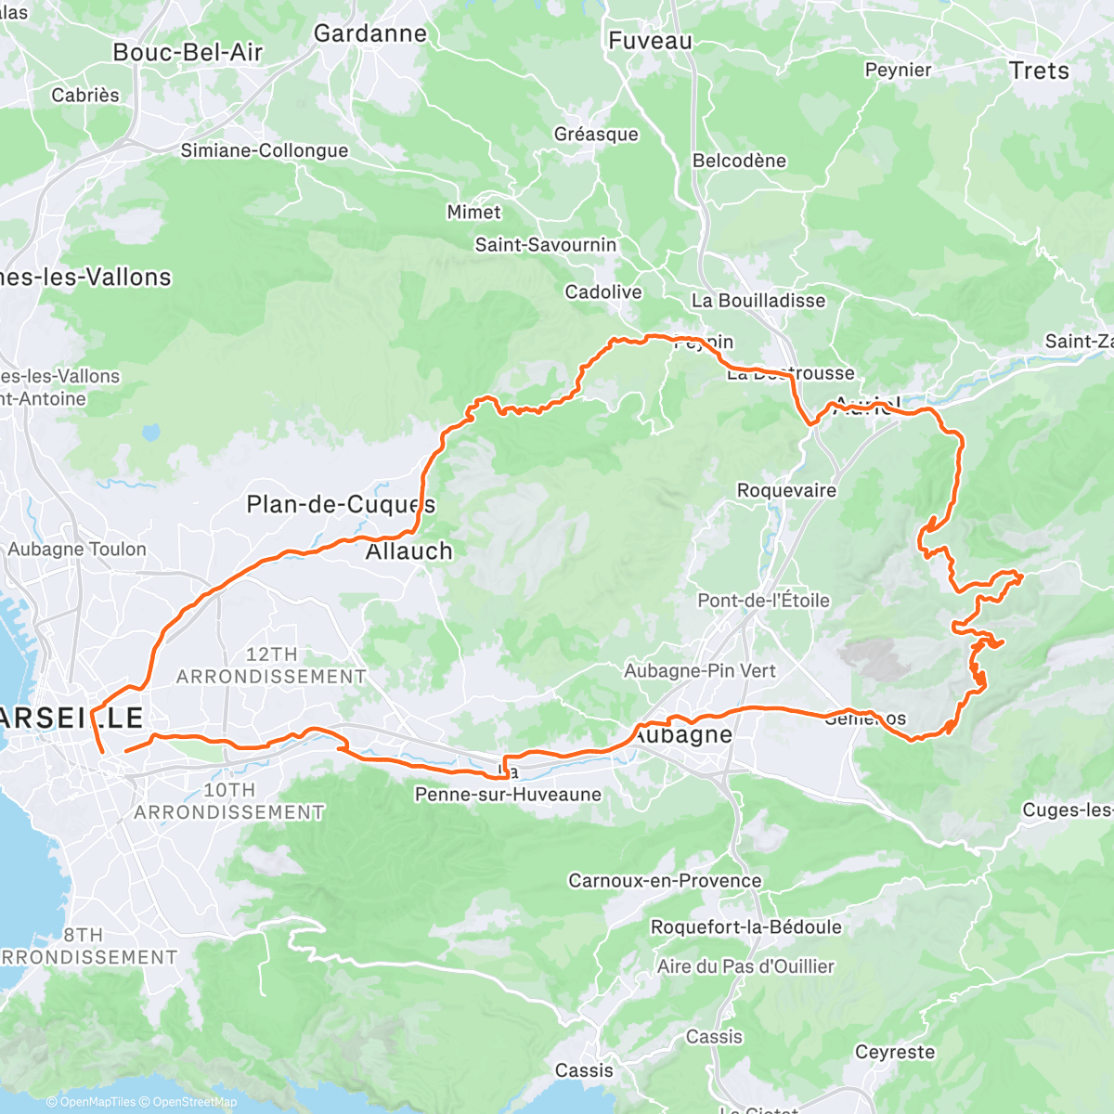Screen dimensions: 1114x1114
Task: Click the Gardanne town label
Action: coord(370,33)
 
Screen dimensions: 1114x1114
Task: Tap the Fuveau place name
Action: coord(650,41)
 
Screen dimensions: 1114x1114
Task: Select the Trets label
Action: coord(1039,71)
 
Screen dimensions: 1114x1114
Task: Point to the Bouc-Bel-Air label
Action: coord(188,53)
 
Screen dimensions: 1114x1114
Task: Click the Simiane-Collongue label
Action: coord(265,150)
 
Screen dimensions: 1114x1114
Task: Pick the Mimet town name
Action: coord(473,212)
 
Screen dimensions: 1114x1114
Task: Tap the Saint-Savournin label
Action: coord(546,245)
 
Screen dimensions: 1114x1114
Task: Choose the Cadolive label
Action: coord(603,292)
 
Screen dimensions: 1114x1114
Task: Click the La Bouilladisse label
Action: coord(758,301)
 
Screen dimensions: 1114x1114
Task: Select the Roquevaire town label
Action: coord(786,490)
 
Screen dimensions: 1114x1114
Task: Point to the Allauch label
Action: coord(408,551)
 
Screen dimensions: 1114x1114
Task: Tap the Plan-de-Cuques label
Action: coord(340,504)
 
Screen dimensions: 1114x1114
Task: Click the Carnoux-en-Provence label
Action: coord(665,880)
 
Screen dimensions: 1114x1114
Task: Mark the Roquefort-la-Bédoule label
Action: coord(746,927)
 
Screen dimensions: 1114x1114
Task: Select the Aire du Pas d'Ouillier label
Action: coord(745,966)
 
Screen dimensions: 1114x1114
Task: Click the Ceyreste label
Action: coord(895,1052)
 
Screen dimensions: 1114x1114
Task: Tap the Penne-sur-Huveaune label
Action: coord(508,795)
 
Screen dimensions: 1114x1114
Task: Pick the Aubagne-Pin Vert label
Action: coord(699,670)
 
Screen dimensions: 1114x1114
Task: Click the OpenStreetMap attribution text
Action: coord(195,1102)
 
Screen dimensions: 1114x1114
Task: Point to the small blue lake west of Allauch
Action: coord(149,433)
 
